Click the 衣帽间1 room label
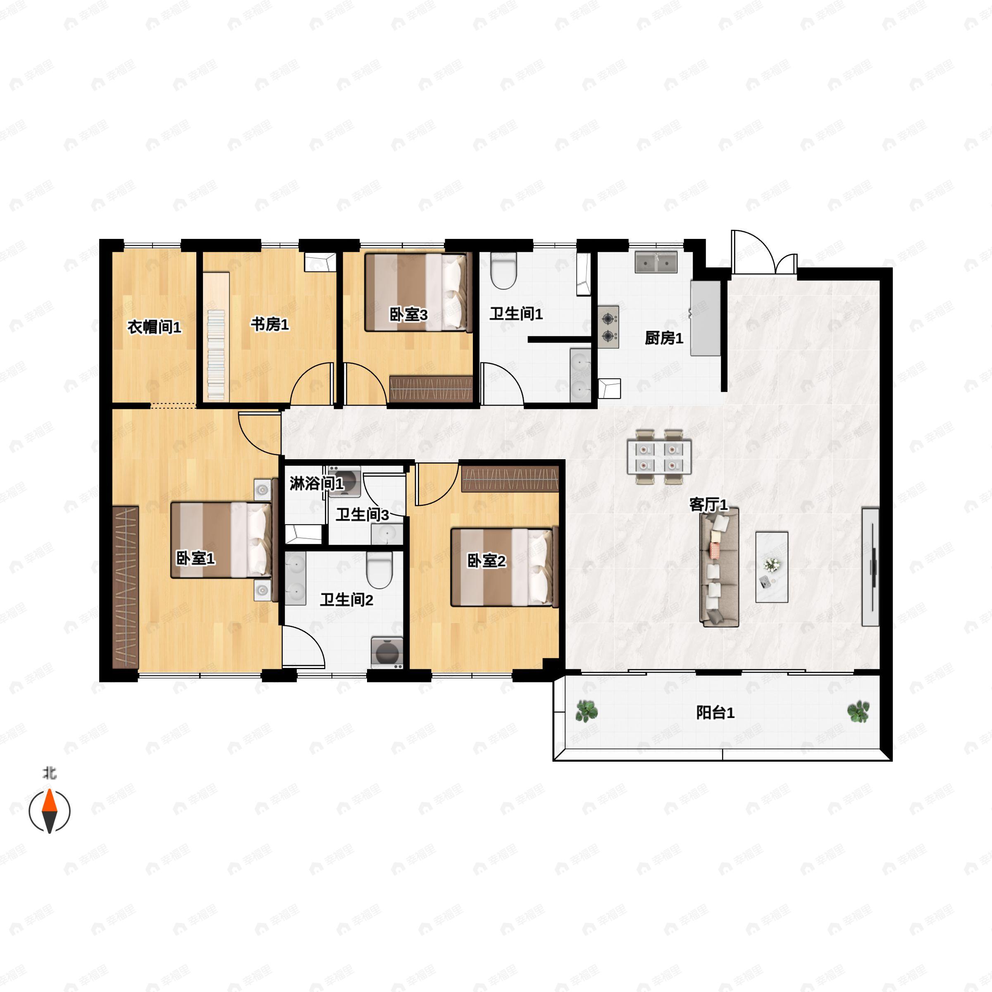coord(154,327)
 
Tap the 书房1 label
coord(269,324)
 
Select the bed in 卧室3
coord(418,293)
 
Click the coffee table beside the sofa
coord(772,567)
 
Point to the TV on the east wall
coord(871,567)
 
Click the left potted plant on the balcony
coord(587,711)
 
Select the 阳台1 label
coord(715,713)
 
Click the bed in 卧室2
coord(504,568)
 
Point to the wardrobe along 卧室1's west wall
coord(125,587)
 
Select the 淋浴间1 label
coord(316,483)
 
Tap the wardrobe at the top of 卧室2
coord(510,479)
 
